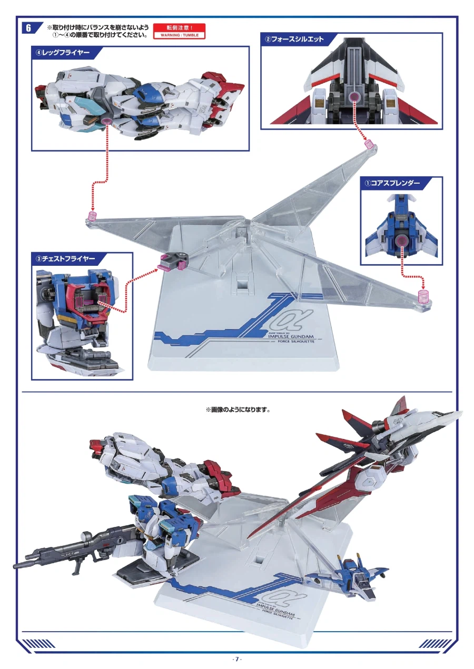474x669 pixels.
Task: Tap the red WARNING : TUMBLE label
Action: click(x=179, y=32)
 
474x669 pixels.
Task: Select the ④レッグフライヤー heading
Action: click(x=63, y=53)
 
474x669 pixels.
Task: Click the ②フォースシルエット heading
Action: click(x=294, y=39)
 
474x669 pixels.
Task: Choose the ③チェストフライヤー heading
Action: click(x=65, y=258)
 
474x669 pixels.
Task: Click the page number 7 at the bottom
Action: click(x=237, y=659)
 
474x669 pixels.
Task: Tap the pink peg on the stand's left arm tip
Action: click(x=93, y=216)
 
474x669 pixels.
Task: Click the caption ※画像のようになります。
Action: click(x=238, y=409)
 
